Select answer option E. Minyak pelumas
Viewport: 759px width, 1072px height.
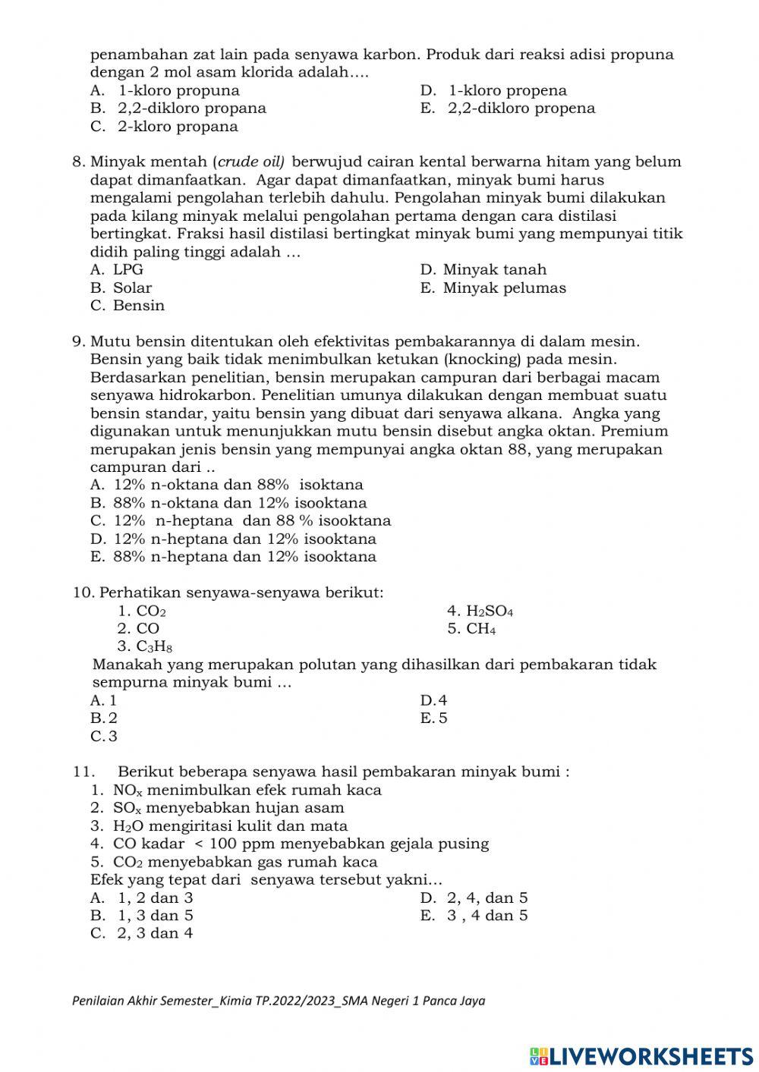(493, 288)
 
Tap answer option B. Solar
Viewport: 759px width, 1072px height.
(121, 288)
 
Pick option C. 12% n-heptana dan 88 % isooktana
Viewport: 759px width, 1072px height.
(241, 521)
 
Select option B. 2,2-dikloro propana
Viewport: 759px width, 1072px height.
(178, 108)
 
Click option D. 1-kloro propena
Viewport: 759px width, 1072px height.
(493, 91)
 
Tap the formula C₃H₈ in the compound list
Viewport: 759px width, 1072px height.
(154, 647)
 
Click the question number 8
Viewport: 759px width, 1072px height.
(78, 162)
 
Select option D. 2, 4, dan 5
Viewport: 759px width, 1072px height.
(474, 898)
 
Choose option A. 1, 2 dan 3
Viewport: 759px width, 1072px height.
(142, 898)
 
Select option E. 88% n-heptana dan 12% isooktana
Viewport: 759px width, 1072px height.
(233, 557)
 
